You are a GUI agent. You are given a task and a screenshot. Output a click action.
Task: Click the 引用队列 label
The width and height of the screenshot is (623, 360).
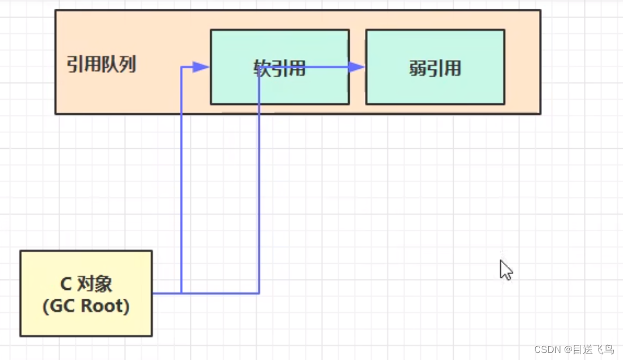pyautogui.click(x=101, y=64)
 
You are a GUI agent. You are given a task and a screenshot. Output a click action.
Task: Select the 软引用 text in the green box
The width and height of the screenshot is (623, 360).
pyautogui.click(x=280, y=68)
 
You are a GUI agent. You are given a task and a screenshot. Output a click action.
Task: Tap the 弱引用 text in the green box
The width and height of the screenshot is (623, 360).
pyautogui.click(x=435, y=68)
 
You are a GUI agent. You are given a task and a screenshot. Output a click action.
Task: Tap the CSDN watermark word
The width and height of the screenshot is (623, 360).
pyautogui.click(x=547, y=349)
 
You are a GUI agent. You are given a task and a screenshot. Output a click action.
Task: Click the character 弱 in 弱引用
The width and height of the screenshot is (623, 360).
pyautogui.click(x=418, y=68)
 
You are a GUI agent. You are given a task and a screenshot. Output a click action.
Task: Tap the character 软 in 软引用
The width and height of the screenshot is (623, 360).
pyautogui.click(x=262, y=68)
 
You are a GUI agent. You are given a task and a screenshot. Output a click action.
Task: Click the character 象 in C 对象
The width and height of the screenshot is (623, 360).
pyautogui.click(x=103, y=284)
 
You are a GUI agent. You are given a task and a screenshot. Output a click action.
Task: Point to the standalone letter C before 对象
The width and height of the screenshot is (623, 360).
pyautogui.click(x=66, y=284)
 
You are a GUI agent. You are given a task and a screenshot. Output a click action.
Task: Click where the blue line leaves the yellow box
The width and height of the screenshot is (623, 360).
pyautogui.click(x=153, y=293)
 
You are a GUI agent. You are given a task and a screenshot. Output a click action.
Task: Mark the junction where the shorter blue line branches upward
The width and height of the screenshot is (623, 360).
pyautogui.click(x=182, y=293)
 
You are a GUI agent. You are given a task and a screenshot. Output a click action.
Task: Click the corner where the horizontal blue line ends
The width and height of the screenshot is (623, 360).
pyautogui.click(x=259, y=293)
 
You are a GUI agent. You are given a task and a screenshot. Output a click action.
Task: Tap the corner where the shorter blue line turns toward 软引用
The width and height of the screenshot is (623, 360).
pyautogui.click(x=182, y=67)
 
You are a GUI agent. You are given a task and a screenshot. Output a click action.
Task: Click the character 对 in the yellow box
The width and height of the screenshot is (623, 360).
pyautogui.click(x=86, y=284)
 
